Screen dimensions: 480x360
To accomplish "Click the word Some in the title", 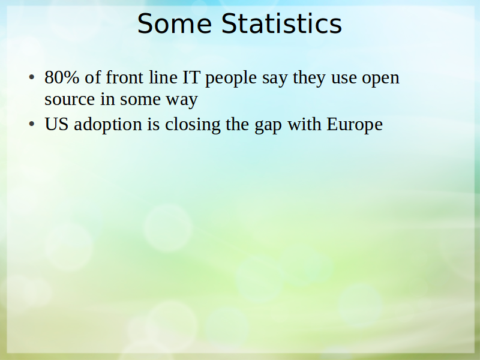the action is (175, 24).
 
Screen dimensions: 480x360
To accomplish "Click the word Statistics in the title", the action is (281, 23).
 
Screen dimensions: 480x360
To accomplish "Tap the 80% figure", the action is (62, 77).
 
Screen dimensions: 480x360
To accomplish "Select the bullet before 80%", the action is (32, 78).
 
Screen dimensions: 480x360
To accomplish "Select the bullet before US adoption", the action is (32, 124).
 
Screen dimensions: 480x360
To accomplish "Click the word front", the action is (125, 77).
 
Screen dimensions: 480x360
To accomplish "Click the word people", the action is (231, 79).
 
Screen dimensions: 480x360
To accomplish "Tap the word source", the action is (70, 100).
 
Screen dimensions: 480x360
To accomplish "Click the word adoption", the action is (108, 125).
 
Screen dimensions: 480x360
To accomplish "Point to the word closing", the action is (193, 125).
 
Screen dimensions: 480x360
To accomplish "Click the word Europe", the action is (355, 125).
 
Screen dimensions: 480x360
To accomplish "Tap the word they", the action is (309, 79).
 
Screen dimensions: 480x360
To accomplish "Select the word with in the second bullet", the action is (304, 124).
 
